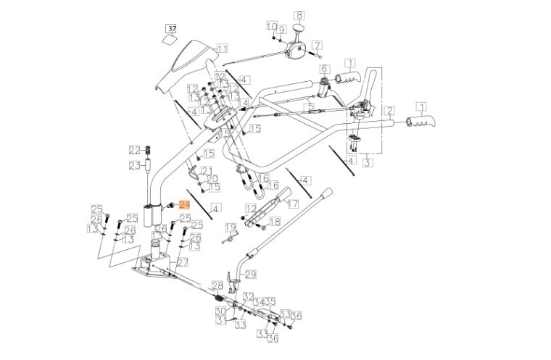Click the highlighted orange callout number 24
coord(183,205)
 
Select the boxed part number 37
coord(171,29)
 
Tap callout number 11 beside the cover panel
coord(223,49)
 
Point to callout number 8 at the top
coord(299,14)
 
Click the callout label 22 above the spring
coord(134,150)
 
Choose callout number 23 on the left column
coord(134,165)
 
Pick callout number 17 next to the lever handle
coord(293,204)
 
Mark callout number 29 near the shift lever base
coord(251,274)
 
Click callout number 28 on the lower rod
coord(217,285)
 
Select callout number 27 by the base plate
coord(182,262)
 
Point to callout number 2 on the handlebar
coord(389,111)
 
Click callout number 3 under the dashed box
coord(368,164)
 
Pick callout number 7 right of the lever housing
coord(317,45)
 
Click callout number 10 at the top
coord(271,27)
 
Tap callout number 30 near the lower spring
coord(220,311)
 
